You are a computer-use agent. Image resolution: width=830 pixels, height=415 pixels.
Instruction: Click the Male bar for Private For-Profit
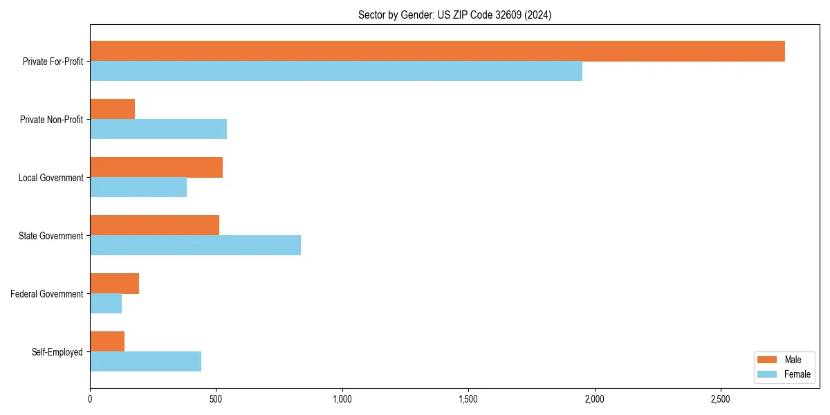click(x=437, y=51)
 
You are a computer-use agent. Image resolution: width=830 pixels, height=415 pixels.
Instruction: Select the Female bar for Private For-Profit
click(x=336, y=71)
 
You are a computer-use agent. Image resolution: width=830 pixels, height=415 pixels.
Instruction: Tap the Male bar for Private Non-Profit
click(x=112, y=109)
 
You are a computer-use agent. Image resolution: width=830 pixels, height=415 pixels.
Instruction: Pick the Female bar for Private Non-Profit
click(x=158, y=129)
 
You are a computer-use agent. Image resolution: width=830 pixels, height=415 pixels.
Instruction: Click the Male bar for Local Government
click(x=156, y=167)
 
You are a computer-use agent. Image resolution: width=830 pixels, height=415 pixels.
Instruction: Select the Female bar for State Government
click(x=195, y=246)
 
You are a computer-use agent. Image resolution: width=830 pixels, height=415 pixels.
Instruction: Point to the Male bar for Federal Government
click(x=114, y=284)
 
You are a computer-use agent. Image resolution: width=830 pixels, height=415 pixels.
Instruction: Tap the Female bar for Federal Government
click(x=106, y=304)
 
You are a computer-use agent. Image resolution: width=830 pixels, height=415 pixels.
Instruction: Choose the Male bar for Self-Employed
click(x=107, y=342)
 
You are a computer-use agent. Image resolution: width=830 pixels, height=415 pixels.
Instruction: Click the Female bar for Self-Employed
click(x=145, y=362)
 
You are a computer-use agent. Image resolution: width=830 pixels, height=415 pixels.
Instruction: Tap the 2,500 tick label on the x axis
click(x=721, y=399)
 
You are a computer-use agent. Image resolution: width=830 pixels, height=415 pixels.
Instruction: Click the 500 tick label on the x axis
click(x=216, y=399)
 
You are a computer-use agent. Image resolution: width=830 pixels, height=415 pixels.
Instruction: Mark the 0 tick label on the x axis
click(x=90, y=399)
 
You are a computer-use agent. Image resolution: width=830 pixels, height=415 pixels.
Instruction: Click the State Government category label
click(x=50, y=236)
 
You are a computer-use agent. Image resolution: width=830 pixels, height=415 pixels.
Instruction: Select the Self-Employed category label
click(x=57, y=352)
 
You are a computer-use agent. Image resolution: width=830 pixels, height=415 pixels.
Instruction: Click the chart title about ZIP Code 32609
click(x=454, y=15)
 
